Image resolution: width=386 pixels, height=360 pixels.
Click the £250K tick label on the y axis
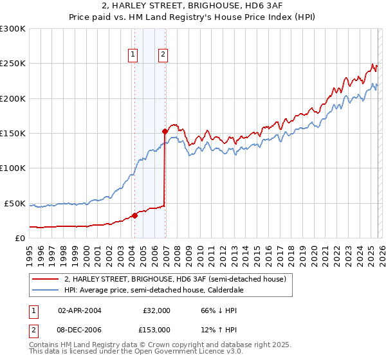tap(12, 64)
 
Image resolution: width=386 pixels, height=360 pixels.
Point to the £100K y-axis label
tap(12, 168)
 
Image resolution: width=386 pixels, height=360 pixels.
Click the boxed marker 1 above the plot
tap(133, 55)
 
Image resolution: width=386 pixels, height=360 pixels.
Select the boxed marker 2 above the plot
tap(163, 55)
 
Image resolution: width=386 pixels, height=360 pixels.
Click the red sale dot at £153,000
tap(165, 131)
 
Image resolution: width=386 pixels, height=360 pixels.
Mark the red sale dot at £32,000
tap(134, 215)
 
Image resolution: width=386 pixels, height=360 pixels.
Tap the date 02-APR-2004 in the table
tap(79, 310)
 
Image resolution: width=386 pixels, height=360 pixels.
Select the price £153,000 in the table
tap(156, 329)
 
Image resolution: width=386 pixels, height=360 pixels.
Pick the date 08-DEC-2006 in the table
tap(79, 329)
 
